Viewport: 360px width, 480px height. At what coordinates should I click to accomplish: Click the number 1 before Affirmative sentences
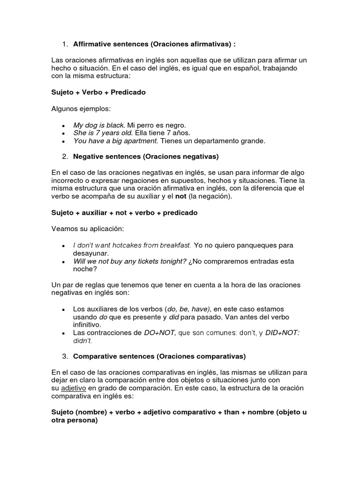(x=64, y=44)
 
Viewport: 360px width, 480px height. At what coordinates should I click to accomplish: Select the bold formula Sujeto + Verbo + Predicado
(x=98, y=92)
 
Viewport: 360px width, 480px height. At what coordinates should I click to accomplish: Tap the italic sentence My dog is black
(x=99, y=125)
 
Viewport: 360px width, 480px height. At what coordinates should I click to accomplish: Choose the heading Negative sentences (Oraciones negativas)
(x=146, y=156)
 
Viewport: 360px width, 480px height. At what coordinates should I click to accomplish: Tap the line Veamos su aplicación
(x=87, y=229)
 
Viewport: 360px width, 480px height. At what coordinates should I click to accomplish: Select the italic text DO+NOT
(x=160, y=333)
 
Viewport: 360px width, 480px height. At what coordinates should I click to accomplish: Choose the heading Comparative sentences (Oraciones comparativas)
(x=159, y=356)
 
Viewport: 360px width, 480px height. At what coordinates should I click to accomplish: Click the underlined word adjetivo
(x=74, y=388)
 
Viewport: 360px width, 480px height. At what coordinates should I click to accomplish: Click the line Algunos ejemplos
(x=81, y=109)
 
